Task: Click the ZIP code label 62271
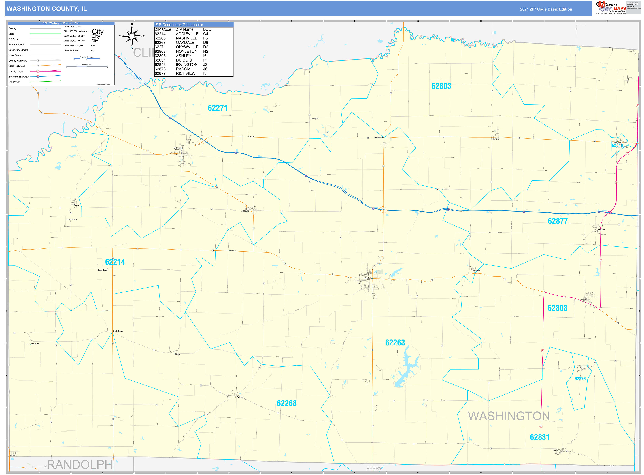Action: click(218, 108)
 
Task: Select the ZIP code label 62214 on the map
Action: click(115, 262)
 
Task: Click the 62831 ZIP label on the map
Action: click(540, 437)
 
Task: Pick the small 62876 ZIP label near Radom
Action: click(580, 379)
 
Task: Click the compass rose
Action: click(132, 36)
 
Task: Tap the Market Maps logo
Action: click(611, 8)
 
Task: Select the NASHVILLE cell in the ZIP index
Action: click(186, 38)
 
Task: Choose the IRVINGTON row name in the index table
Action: click(186, 65)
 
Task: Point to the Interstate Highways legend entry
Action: click(19, 77)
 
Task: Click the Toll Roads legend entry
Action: click(14, 82)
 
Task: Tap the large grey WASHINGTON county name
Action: click(509, 416)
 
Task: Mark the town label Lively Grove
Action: click(118, 331)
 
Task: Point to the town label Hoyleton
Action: click(496, 139)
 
